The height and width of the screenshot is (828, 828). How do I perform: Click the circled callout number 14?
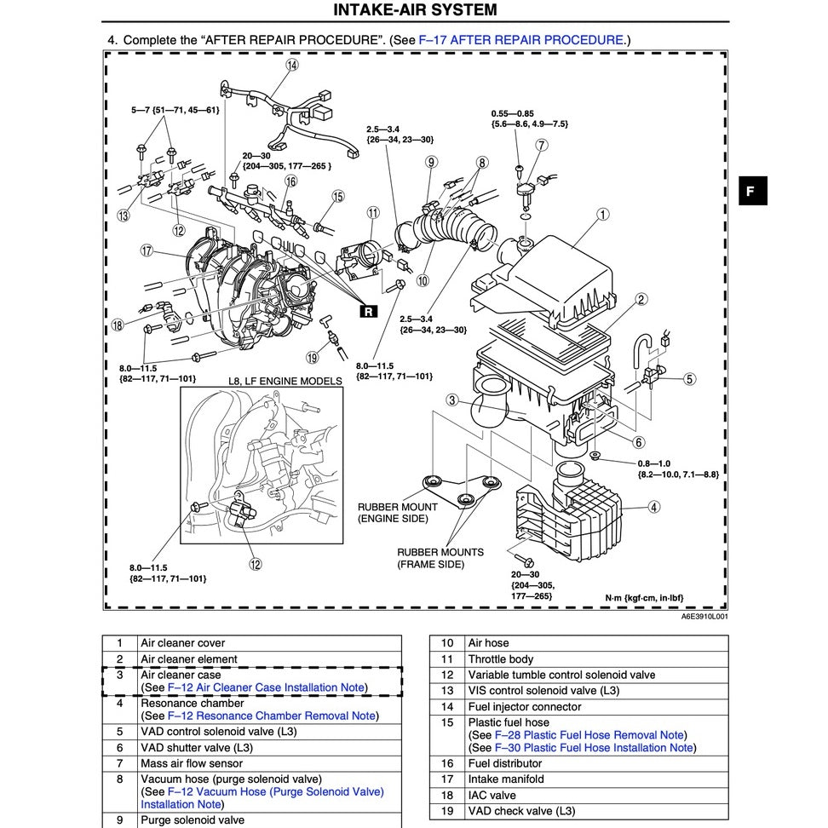292,65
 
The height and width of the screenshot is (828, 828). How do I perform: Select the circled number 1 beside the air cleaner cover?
603,215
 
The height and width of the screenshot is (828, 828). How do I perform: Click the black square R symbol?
368,312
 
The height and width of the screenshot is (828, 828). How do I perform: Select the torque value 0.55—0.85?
512,113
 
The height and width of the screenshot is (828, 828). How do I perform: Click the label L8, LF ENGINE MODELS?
285,381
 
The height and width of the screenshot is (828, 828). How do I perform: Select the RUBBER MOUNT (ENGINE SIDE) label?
393,513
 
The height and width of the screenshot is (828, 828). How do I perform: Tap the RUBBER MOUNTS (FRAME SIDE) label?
440,558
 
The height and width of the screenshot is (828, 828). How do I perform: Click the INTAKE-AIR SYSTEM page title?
415,11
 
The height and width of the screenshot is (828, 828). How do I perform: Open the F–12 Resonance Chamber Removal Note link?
272,716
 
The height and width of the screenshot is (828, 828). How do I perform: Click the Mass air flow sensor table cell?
191,763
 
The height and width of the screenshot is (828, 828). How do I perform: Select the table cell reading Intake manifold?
505,779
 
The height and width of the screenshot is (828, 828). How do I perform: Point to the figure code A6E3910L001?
704,617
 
